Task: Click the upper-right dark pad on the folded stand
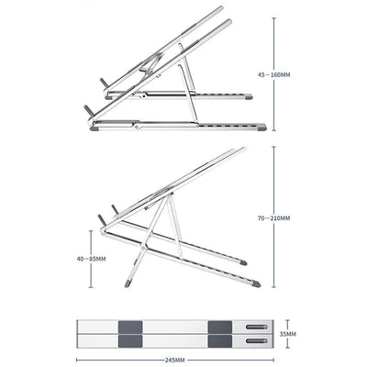tap(218, 326)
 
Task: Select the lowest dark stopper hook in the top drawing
tap(88, 109)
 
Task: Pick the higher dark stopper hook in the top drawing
tap(104, 81)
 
